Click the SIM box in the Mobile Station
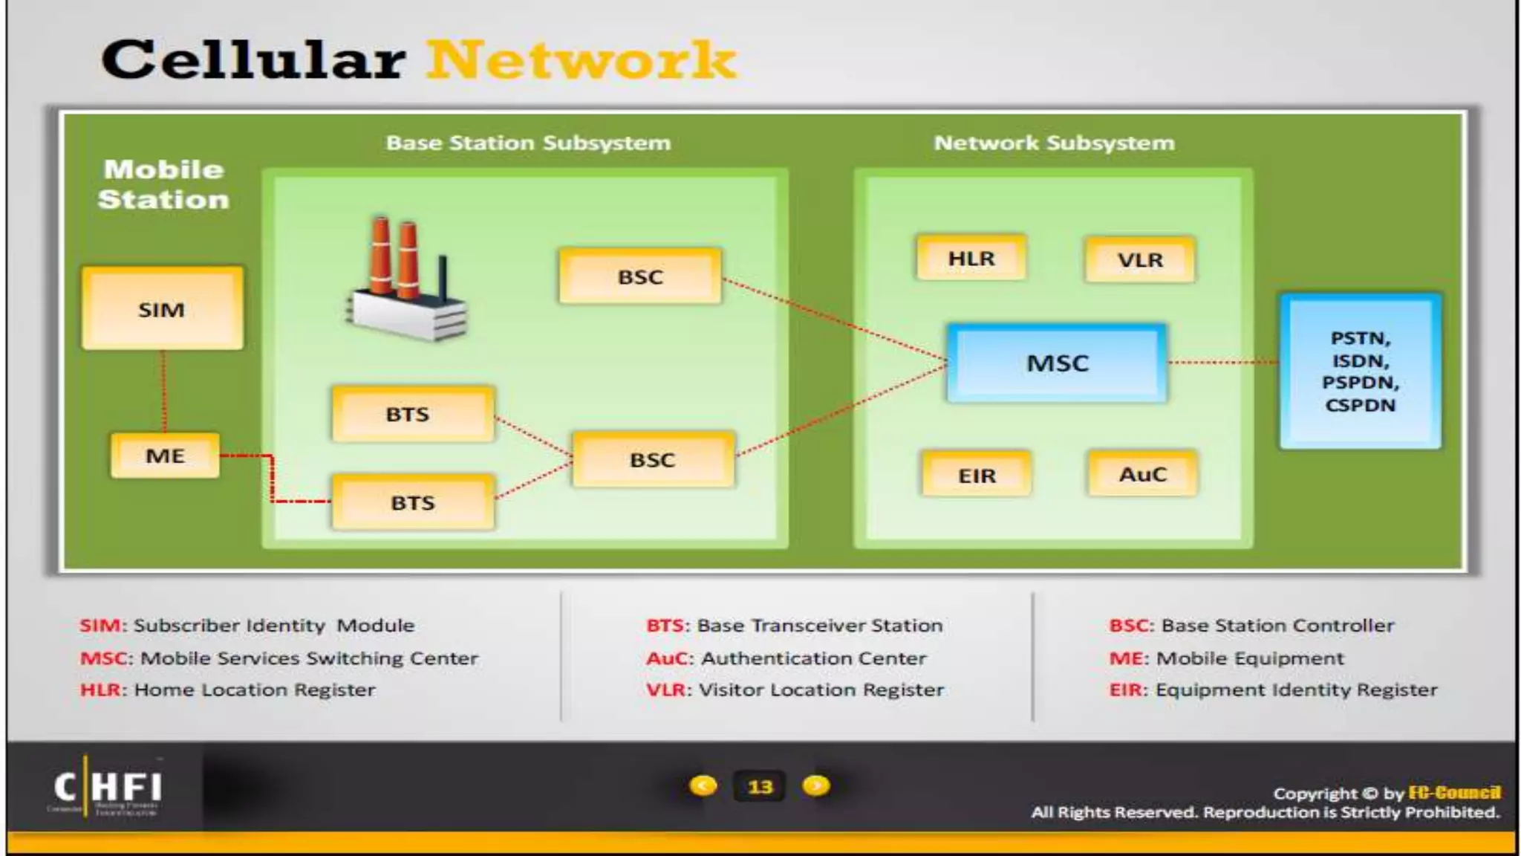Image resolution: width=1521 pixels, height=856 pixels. [x=162, y=308]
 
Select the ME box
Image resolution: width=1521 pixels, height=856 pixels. [x=165, y=455]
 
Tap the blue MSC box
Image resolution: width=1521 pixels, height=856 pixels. [x=1057, y=363]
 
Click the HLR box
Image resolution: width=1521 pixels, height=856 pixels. [x=971, y=259]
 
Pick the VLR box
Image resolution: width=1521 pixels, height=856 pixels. [x=1140, y=260]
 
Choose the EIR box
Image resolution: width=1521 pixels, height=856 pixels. [x=977, y=475]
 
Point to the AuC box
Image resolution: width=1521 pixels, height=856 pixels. [x=1143, y=474]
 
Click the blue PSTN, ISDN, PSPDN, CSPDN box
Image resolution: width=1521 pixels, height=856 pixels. [x=1360, y=372]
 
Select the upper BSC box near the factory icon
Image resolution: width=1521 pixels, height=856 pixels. [x=640, y=276]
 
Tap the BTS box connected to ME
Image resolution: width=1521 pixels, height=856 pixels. [x=413, y=503]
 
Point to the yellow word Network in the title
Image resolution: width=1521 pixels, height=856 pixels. [x=582, y=59]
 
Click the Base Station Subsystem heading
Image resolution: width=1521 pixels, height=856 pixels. [x=528, y=143]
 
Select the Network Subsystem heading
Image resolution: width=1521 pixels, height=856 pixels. [x=1054, y=143]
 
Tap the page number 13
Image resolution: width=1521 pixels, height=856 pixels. [x=760, y=786]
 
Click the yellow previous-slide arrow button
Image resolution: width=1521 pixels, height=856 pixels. [x=703, y=785]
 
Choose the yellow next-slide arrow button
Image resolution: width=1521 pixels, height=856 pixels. [x=816, y=785]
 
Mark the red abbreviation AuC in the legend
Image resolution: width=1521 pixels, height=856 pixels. [x=669, y=658]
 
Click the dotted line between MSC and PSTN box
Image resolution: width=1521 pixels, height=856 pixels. [x=1222, y=363]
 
